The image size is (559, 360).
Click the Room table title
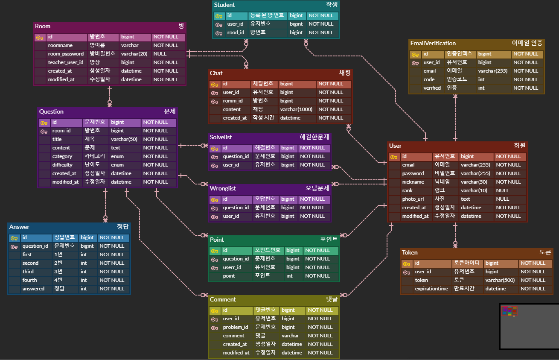coord(43,26)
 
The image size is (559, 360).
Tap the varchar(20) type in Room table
coord(134,54)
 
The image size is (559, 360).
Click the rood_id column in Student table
coord(235,32)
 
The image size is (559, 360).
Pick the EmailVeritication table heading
coord(433,43)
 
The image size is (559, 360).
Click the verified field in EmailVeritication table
coord(432,88)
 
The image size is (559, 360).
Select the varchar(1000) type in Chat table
coord(296,109)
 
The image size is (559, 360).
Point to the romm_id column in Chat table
coord(233,101)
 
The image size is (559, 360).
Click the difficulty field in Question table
coord(62,165)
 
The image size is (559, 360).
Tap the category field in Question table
coord(62,156)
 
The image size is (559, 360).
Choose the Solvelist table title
coord(221,137)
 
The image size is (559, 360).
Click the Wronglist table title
coord(223,188)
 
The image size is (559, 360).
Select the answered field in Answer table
coord(33,289)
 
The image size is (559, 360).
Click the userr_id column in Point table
coord(232,267)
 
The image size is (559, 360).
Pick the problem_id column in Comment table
coord(235,327)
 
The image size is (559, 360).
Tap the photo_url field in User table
coord(413,199)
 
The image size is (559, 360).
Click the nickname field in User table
coord(413,182)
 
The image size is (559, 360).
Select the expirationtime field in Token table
coord(431,289)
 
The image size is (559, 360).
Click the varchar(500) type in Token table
coord(500,280)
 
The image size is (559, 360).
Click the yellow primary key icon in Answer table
coord(14,238)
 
